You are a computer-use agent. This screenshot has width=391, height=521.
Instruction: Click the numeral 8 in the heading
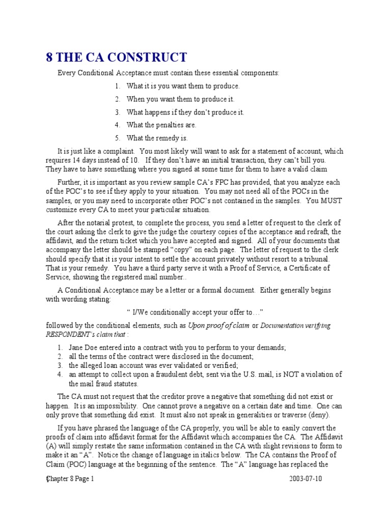pyautogui.click(x=49, y=57)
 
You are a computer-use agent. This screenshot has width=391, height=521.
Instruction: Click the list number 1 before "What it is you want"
pyautogui.click(x=117, y=86)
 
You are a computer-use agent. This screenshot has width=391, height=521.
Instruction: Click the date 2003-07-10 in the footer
pyautogui.click(x=305, y=479)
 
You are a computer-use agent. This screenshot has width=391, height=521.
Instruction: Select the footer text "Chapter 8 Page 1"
pyautogui.click(x=70, y=479)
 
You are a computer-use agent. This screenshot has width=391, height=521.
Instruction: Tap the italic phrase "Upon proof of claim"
pyautogui.click(x=220, y=326)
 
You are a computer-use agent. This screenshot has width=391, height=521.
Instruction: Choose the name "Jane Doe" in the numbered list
pyautogui.click(x=82, y=348)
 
